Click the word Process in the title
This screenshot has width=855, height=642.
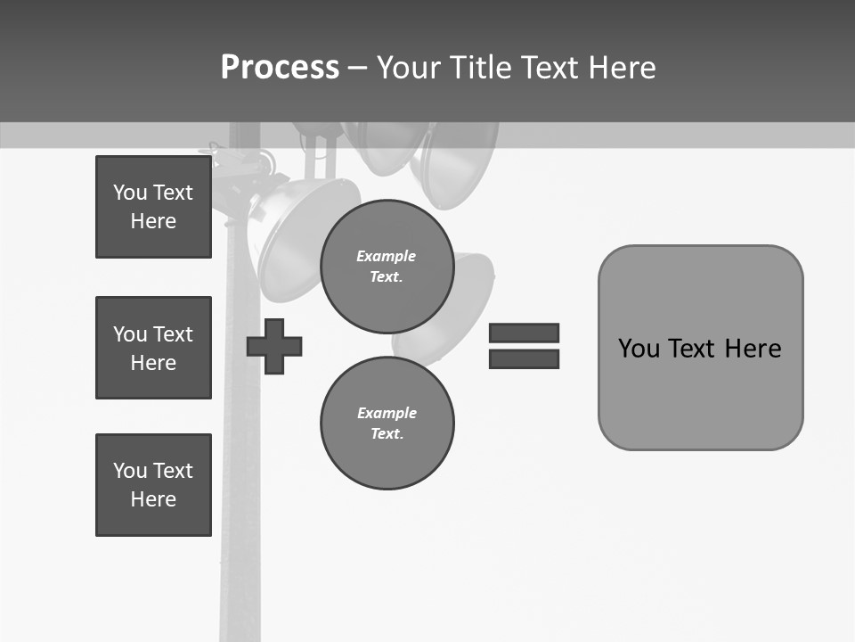tap(280, 68)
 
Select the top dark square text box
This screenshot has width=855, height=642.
tap(153, 207)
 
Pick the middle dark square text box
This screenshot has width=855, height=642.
tap(153, 348)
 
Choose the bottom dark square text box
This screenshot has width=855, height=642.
tap(153, 485)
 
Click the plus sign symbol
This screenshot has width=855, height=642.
tap(274, 346)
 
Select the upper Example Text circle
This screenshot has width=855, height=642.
tap(387, 267)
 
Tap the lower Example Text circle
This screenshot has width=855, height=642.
tap(387, 423)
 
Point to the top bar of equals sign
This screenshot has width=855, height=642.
tap(524, 333)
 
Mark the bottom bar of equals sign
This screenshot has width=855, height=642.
tap(524, 358)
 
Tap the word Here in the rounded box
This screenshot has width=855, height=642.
tap(753, 349)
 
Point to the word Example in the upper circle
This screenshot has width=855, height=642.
tap(387, 257)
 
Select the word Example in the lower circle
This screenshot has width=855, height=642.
tap(387, 413)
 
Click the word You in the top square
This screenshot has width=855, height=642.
tap(130, 193)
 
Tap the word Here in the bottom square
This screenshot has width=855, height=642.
tap(153, 499)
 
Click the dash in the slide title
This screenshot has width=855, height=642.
tap(358, 68)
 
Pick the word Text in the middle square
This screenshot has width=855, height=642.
tap(172, 334)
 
